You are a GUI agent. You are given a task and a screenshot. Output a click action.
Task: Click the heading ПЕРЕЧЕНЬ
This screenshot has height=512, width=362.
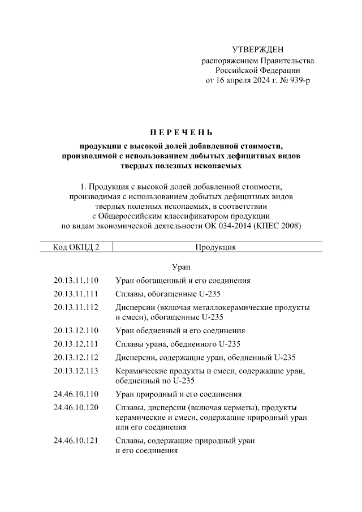click(x=181, y=133)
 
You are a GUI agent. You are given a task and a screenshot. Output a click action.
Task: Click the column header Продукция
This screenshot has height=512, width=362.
click(x=216, y=247)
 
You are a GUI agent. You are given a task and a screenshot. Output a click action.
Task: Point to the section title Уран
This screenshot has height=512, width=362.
click(x=180, y=266)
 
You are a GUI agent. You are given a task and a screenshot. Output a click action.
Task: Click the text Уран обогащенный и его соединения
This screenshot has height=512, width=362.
click(x=183, y=280)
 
